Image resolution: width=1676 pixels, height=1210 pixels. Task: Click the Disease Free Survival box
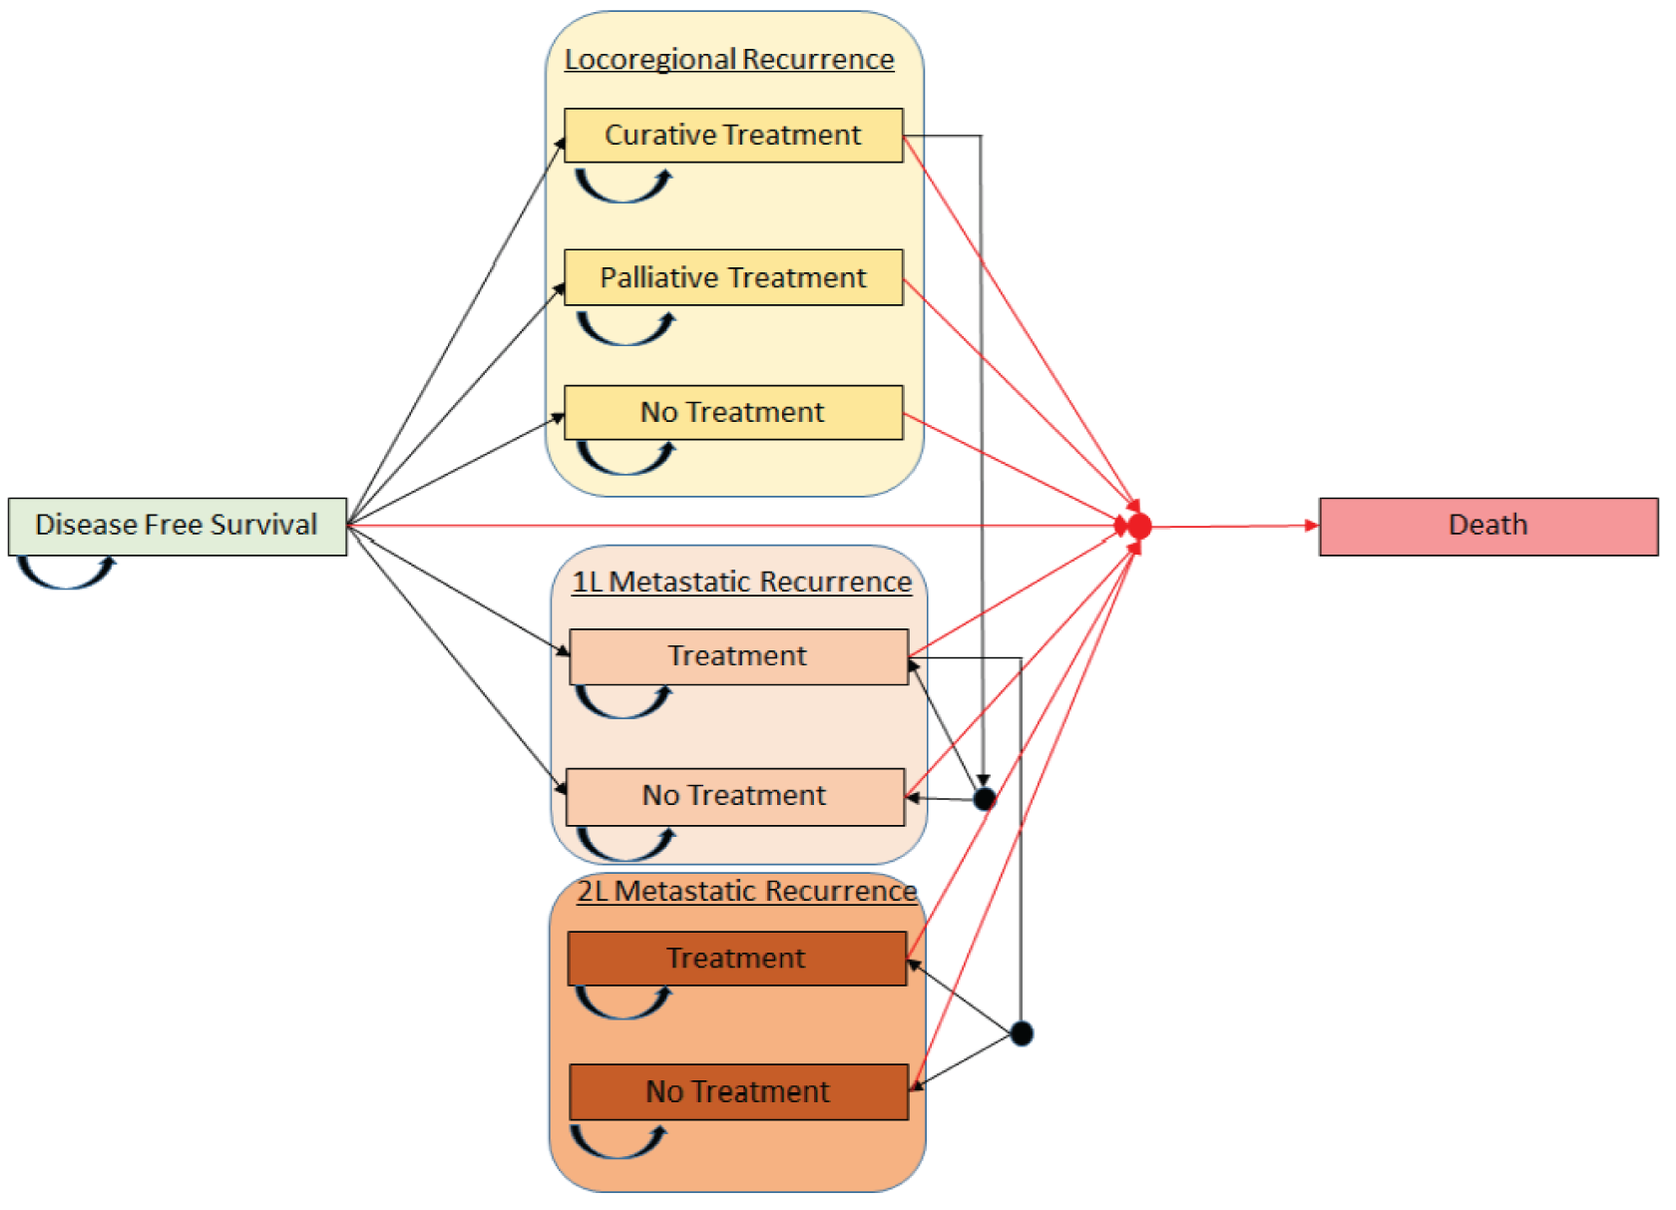click(x=178, y=526)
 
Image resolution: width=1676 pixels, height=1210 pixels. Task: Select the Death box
click(x=1487, y=526)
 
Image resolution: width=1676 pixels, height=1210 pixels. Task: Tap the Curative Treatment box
click(x=733, y=136)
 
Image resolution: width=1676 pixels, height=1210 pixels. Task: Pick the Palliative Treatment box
click(x=733, y=277)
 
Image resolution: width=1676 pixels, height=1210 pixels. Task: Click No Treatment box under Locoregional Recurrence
click(x=733, y=412)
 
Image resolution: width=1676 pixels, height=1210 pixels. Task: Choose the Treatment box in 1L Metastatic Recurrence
click(x=738, y=656)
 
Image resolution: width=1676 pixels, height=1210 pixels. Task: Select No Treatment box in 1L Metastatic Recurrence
click(x=735, y=796)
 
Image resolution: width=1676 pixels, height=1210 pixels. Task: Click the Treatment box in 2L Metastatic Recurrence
click(x=736, y=959)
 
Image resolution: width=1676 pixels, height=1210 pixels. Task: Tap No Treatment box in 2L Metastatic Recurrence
click(x=738, y=1091)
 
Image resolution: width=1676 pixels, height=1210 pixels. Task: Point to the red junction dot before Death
click(x=1139, y=526)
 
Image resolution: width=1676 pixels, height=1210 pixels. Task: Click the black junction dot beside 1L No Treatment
click(x=984, y=798)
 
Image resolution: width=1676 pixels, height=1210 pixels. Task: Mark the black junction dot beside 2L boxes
click(x=1022, y=1033)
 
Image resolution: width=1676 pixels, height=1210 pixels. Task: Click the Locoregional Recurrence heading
click(x=729, y=60)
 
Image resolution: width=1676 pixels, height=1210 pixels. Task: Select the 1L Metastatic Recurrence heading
click(x=741, y=583)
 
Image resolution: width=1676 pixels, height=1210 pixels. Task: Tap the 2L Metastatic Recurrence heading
click(x=747, y=891)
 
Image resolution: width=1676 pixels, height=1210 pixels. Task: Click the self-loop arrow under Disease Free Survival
click(x=66, y=575)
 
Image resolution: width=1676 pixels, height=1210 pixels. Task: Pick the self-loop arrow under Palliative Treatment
click(x=626, y=330)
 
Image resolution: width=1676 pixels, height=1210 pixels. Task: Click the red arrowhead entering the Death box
click(x=1311, y=526)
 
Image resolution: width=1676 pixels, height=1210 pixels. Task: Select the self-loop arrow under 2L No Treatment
click(x=618, y=1143)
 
